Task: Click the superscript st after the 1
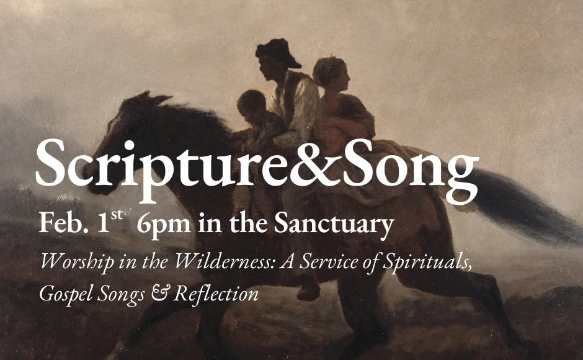click(x=118, y=215)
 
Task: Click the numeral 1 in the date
click(x=104, y=224)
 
